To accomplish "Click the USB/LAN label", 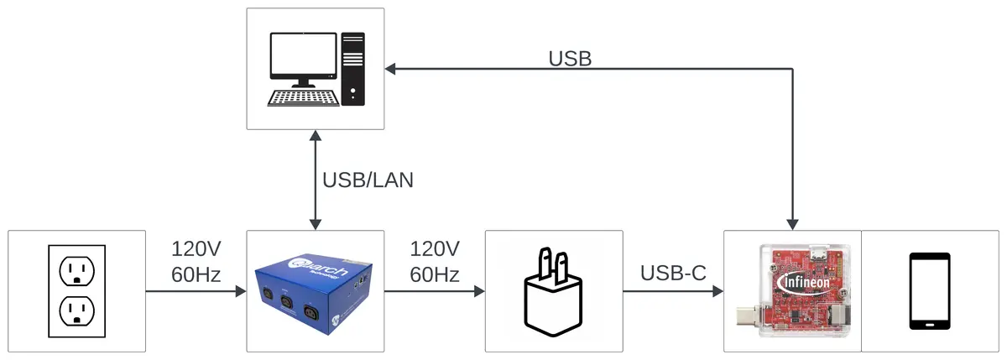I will coord(368,180).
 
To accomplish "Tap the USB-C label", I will coord(673,272).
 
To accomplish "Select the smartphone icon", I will coord(930,290).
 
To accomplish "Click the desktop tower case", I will coord(353,69).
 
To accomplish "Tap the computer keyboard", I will coord(303,97).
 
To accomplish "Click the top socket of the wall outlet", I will coord(76,270).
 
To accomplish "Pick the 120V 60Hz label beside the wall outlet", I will coord(196,261).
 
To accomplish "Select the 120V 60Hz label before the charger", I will coord(435,261).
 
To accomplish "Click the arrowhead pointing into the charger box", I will coord(479,291).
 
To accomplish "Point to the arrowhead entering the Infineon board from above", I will coord(792,224).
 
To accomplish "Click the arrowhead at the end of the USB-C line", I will coord(717,291).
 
